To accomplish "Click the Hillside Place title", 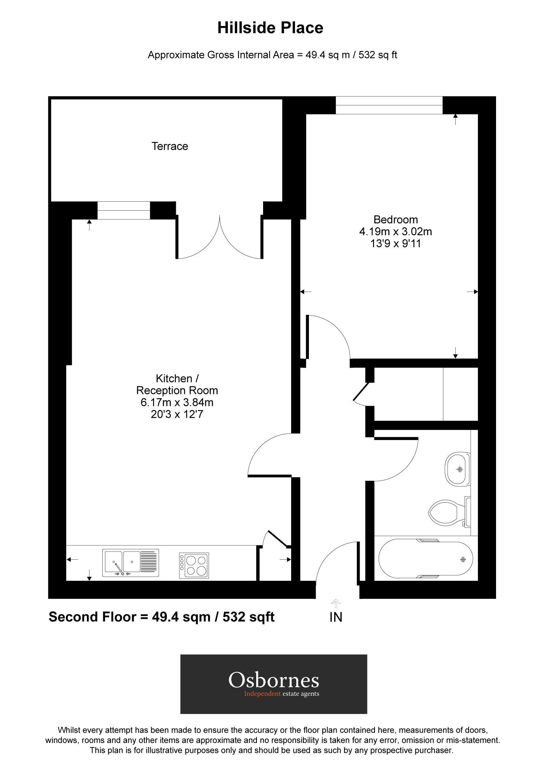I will pyautogui.click(x=270, y=28).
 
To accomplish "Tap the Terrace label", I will pyautogui.click(x=170, y=146).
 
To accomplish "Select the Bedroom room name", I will pyautogui.click(x=395, y=219).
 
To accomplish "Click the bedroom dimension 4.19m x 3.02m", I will pyautogui.click(x=395, y=232).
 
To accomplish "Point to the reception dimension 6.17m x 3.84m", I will pyautogui.click(x=177, y=402).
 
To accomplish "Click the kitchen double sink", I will pyautogui.click(x=130, y=562).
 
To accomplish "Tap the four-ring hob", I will pyautogui.click(x=194, y=565).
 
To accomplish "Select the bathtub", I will pyautogui.click(x=425, y=559).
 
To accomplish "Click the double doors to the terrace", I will pyautogui.click(x=219, y=239).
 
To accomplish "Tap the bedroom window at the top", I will pyautogui.click(x=389, y=105).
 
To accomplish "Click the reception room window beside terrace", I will pyautogui.click(x=123, y=210).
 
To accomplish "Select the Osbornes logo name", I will pyautogui.click(x=273, y=680).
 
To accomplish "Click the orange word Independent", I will pyautogui.click(x=262, y=694).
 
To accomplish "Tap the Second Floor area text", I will pyautogui.click(x=161, y=617).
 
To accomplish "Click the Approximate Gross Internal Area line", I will pyautogui.click(x=272, y=55).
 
